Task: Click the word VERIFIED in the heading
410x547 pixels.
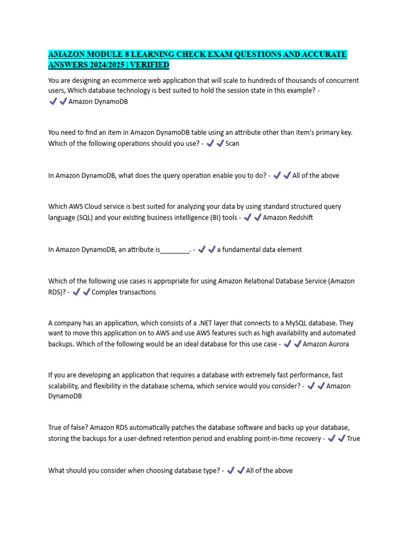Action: tap(150, 65)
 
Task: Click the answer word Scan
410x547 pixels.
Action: tap(232, 143)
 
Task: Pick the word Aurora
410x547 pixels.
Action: tap(337, 344)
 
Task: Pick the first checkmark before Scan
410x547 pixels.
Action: tap(210, 143)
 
